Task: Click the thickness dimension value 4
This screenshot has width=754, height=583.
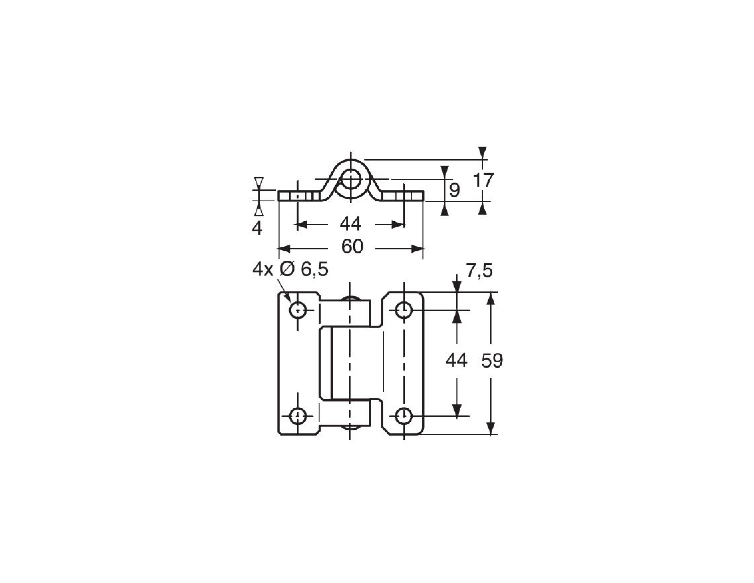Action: [257, 228]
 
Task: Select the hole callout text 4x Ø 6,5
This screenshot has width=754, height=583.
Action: [290, 270]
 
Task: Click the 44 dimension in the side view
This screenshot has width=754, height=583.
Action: [350, 224]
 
